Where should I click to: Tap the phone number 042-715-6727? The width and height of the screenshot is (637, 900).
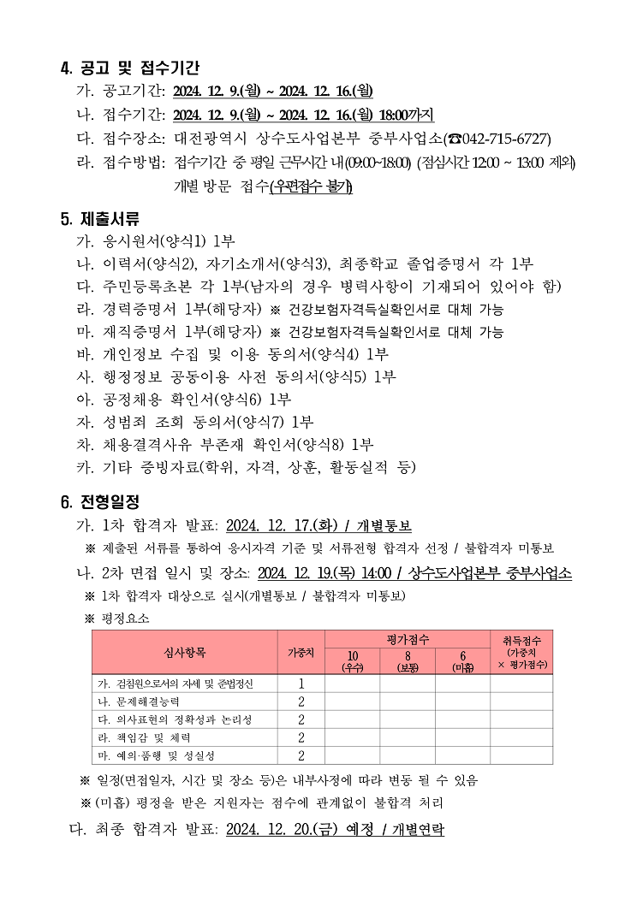pyautogui.click(x=505, y=139)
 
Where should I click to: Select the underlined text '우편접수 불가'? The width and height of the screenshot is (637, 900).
pyautogui.click(x=310, y=187)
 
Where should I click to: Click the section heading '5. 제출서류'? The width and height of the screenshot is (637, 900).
pyautogui.click(x=100, y=218)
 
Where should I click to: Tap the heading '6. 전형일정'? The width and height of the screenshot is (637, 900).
pyautogui.click(x=100, y=500)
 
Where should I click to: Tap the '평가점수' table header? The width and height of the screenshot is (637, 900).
pyautogui.click(x=407, y=639)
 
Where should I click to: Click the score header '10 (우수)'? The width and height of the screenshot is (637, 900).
pyautogui.click(x=352, y=660)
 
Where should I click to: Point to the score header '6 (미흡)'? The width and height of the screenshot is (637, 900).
pyautogui.click(x=461, y=660)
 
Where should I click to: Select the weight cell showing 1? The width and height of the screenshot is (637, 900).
pyautogui.click(x=301, y=684)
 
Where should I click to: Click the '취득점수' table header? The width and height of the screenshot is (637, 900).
pyautogui.click(x=521, y=652)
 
